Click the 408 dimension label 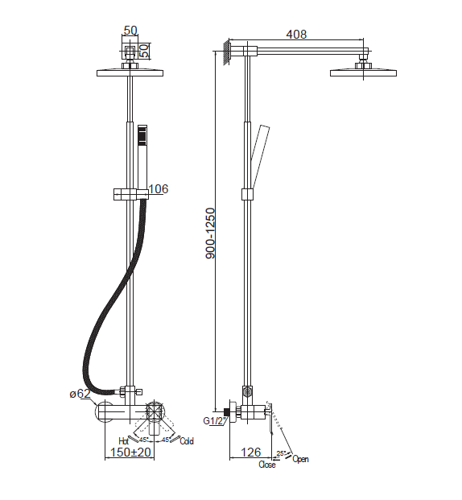[x=296, y=34]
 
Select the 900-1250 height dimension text [x=211, y=233]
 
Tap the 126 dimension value [x=250, y=452]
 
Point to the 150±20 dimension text [x=130, y=452]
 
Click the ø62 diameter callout [x=80, y=394]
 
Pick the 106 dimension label [x=159, y=188]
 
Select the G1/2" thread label [x=214, y=421]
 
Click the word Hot [x=123, y=441]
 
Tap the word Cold [x=187, y=441]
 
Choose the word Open [x=300, y=459]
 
